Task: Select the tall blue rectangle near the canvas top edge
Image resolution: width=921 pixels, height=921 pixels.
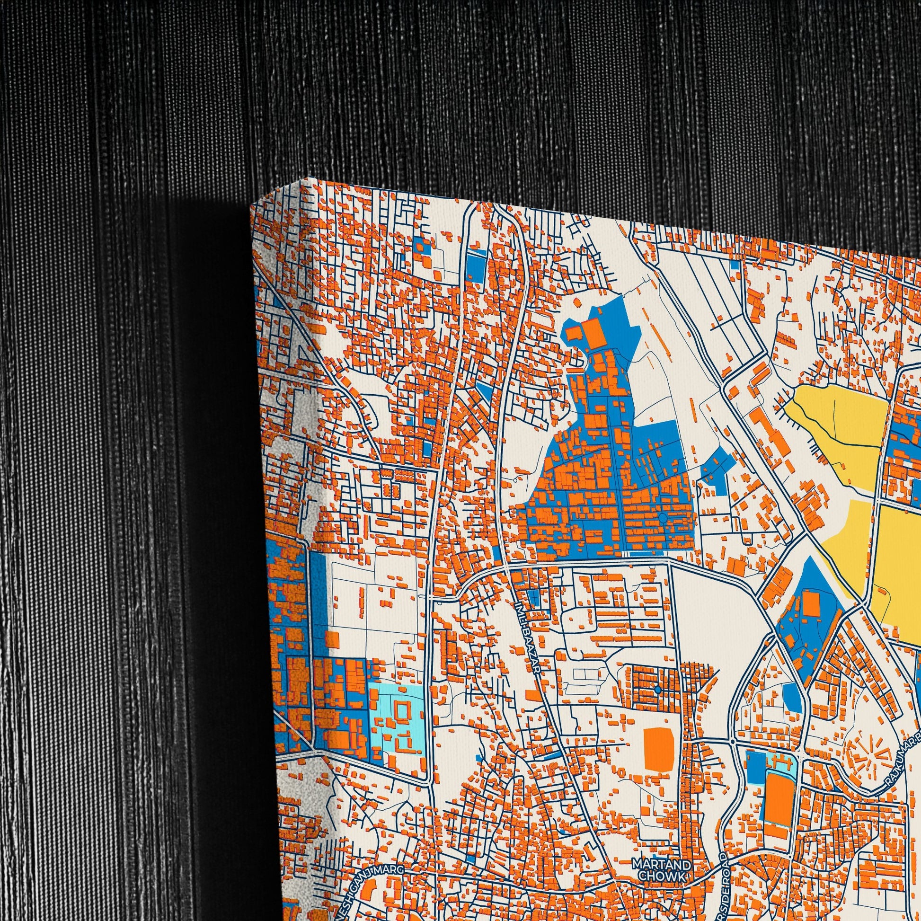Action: [x=475, y=265]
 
